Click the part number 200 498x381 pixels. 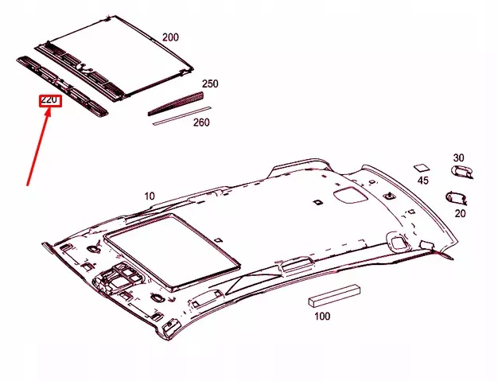point(171,37)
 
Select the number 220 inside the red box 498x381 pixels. point(50,101)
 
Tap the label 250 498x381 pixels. point(210,84)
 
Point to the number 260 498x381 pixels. point(201,122)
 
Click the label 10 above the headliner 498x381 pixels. point(150,196)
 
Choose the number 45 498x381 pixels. point(423,181)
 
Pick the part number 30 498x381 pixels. point(458,157)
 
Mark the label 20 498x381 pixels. point(460,212)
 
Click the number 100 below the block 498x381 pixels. point(321,317)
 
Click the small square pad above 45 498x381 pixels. point(421,167)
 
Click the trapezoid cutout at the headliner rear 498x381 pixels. point(348,193)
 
